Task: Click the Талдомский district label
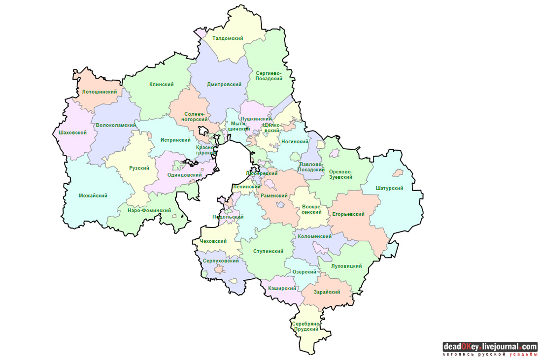coord(228,38)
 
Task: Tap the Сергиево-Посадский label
coord(269,76)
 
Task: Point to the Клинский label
coord(162,84)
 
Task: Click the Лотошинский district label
coord(100,92)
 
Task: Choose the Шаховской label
coord(72,132)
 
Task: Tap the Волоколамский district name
coord(116,125)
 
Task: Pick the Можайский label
coord(93,196)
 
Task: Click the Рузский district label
coord(139,168)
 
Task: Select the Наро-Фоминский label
coord(149,210)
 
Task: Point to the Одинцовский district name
coord(185,175)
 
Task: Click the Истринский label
coord(175,140)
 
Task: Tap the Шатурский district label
coord(389,188)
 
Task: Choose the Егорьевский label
coord(348,214)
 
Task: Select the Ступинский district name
coord(268,251)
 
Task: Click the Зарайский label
coord(328,292)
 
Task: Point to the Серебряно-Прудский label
coord(306,326)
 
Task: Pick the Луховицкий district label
coord(347,266)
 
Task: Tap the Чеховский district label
coord(213,241)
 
